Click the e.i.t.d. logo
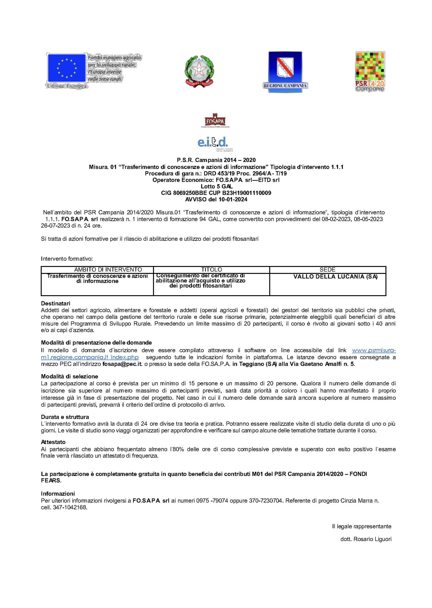[x=214, y=143]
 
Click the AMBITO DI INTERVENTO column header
[x=108, y=270]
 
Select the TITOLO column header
[x=211, y=270]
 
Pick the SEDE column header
[x=328, y=270]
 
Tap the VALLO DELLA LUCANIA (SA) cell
[x=335, y=276]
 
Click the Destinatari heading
[x=56, y=303]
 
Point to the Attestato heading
[x=53, y=442]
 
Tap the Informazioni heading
[x=58, y=494]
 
